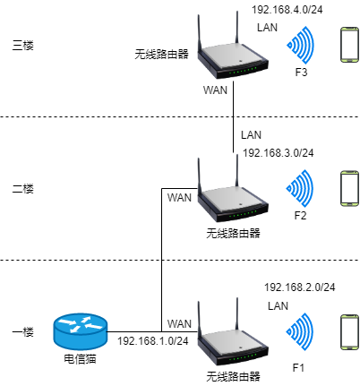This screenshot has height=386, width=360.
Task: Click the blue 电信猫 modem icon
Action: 80,331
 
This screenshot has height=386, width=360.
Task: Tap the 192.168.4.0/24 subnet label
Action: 287,10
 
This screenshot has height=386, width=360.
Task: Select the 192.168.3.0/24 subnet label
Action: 279,153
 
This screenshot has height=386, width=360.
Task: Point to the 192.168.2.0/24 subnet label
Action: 300,287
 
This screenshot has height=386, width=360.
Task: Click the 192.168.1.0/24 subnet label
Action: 153,341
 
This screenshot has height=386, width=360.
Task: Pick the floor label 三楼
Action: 23,46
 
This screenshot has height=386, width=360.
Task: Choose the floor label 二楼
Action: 23,189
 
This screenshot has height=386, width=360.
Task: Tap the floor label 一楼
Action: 23,332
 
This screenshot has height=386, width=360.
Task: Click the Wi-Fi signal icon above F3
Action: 301,45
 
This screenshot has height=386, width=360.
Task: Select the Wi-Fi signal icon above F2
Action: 300,188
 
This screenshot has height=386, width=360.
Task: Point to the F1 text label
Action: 298,368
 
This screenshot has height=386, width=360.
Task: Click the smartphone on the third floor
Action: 350,45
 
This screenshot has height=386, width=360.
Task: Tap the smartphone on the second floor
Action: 350,188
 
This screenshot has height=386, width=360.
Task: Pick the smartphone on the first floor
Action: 350,331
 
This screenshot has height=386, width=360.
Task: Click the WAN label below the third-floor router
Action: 215,90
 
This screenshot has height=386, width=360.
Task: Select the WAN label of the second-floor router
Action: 179,198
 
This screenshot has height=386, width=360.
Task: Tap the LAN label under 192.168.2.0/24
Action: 278,306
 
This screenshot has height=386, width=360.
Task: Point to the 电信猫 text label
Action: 80,359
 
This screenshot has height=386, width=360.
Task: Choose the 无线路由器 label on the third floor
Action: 161,55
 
